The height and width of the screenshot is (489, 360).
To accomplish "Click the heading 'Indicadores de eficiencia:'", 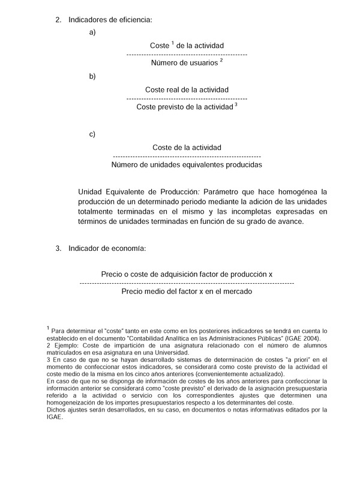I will (x=110, y=20).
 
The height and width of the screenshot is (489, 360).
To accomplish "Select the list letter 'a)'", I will (x=92, y=32).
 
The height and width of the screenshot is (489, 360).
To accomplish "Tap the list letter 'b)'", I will (x=92, y=76).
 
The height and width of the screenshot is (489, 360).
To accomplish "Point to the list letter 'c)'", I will (x=92, y=134).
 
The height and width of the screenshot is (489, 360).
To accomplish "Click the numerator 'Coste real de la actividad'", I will (x=187, y=89).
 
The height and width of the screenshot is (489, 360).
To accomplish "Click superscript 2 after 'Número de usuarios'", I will (x=221, y=60).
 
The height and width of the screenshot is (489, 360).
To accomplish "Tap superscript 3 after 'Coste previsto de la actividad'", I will (x=236, y=104).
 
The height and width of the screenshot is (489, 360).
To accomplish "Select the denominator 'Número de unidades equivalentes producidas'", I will (x=187, y=164).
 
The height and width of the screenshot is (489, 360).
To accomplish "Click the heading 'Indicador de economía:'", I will (x=107, y=247).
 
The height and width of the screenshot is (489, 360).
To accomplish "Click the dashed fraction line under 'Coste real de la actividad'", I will (x=187, y=98).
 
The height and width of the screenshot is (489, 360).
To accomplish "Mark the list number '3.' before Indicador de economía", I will (x=58, y=247).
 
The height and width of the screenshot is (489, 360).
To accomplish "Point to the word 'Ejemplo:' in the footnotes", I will (x=64, y=346).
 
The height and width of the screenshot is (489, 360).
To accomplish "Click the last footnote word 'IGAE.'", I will (x=54, y=418).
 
